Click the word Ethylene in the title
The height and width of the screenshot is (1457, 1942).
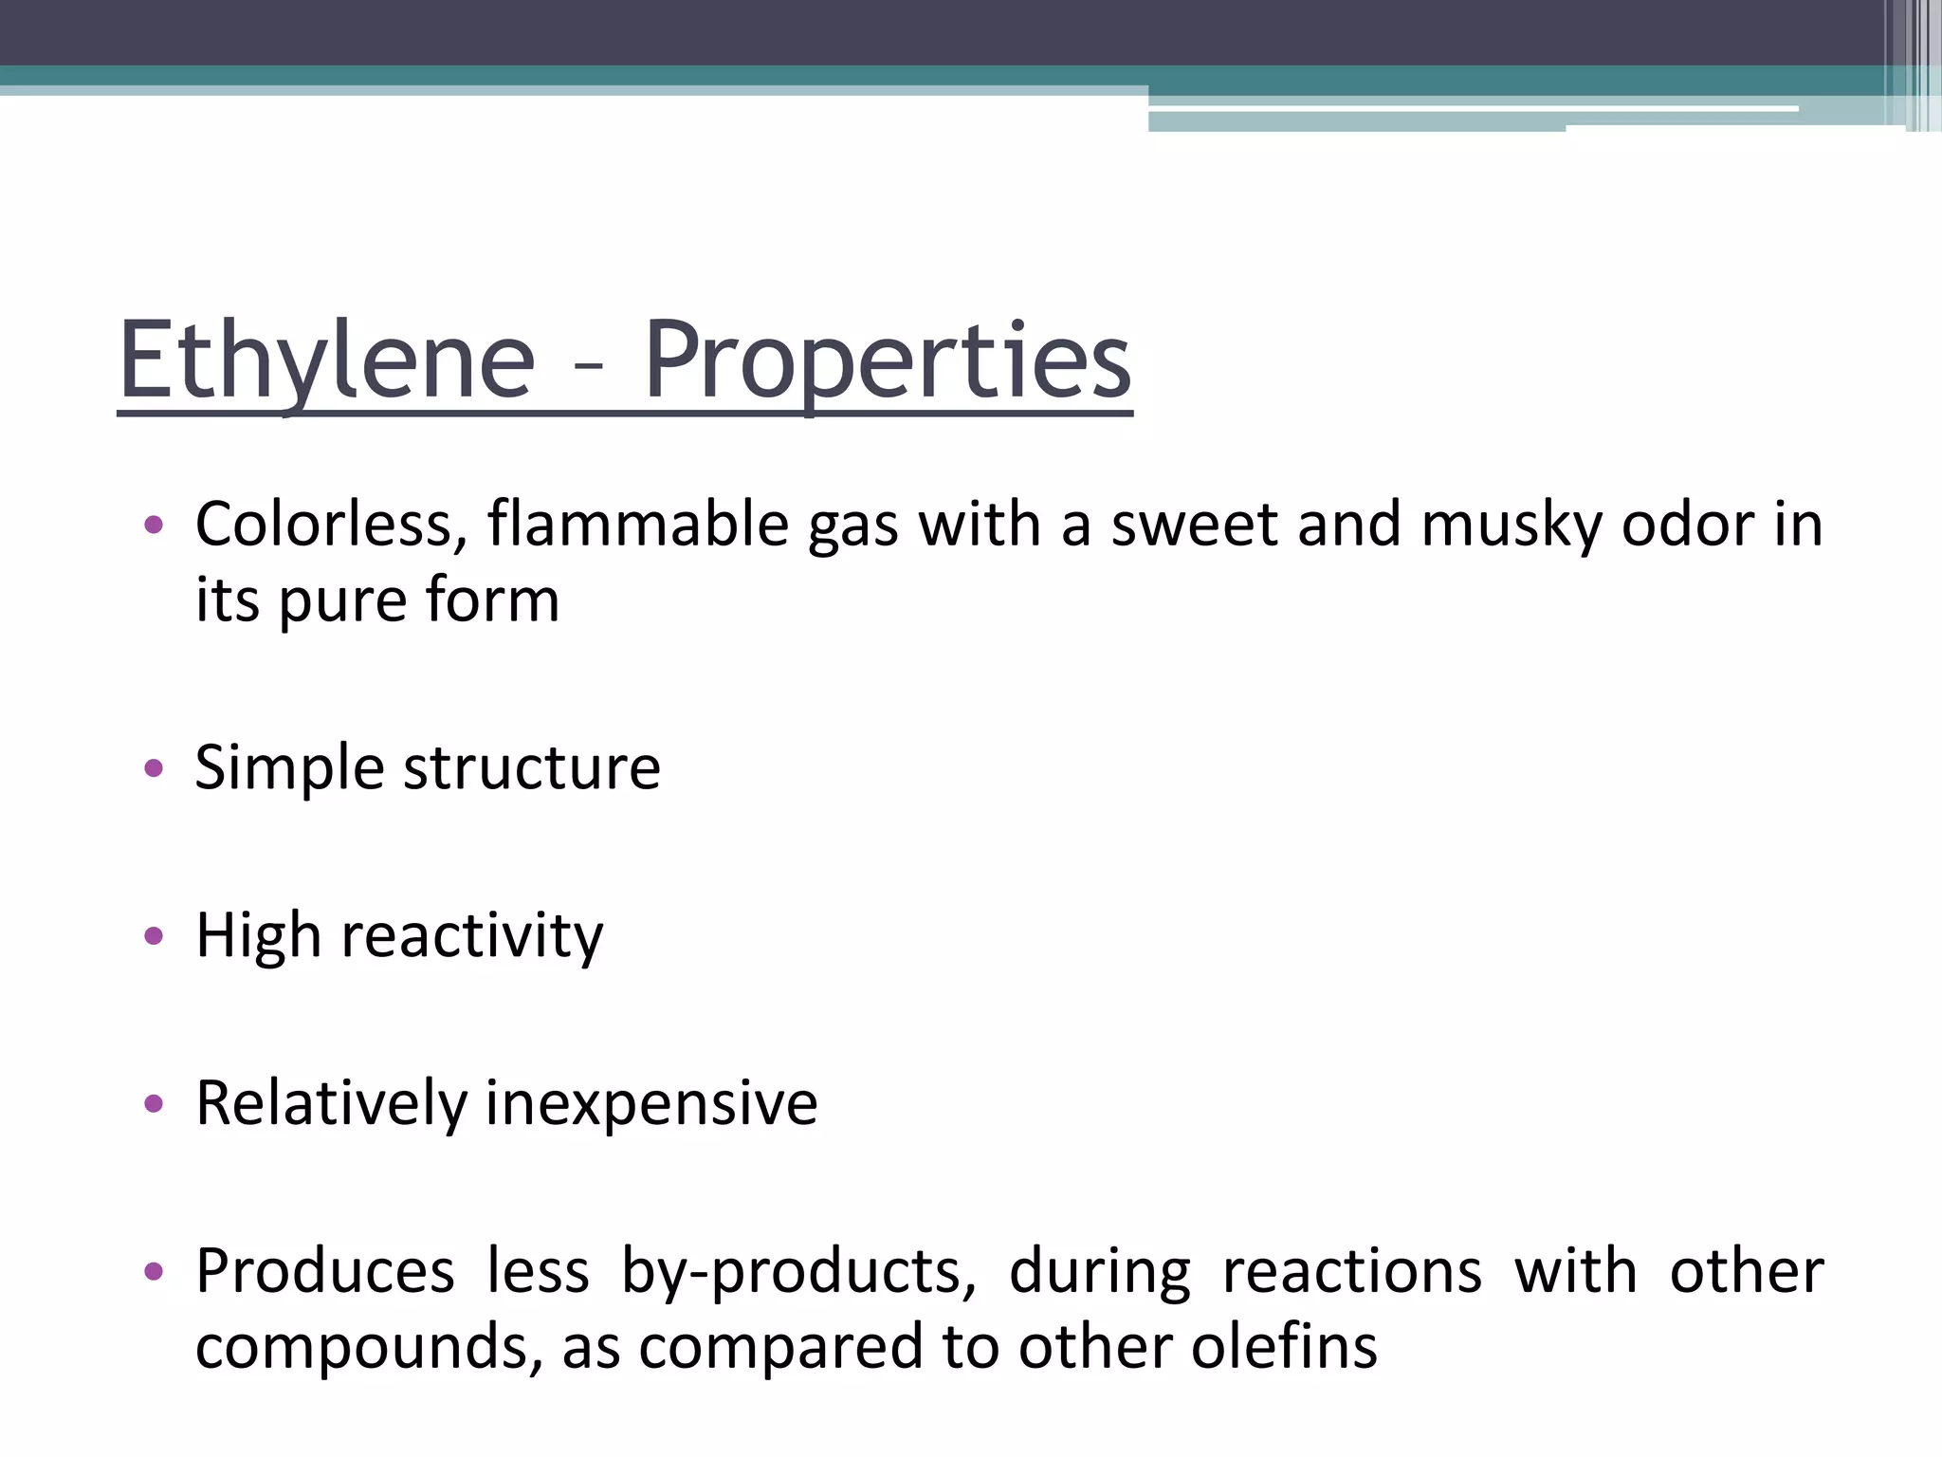[326, 361]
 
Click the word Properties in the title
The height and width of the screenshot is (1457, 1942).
[888, 361]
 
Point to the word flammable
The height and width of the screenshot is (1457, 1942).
[637, 525]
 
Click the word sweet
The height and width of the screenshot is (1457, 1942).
[1194, 525]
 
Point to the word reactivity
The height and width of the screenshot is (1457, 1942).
[471, 937]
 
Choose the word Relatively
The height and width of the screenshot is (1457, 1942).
[331, 1104]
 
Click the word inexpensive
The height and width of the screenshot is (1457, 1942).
[651, 1104]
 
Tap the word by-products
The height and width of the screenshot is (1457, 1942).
[798, 1273]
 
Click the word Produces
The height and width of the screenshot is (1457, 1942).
[324, 1273]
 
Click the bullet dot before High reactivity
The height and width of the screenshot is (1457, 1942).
[154, 937]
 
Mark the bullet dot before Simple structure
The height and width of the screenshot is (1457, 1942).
[154, 768]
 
